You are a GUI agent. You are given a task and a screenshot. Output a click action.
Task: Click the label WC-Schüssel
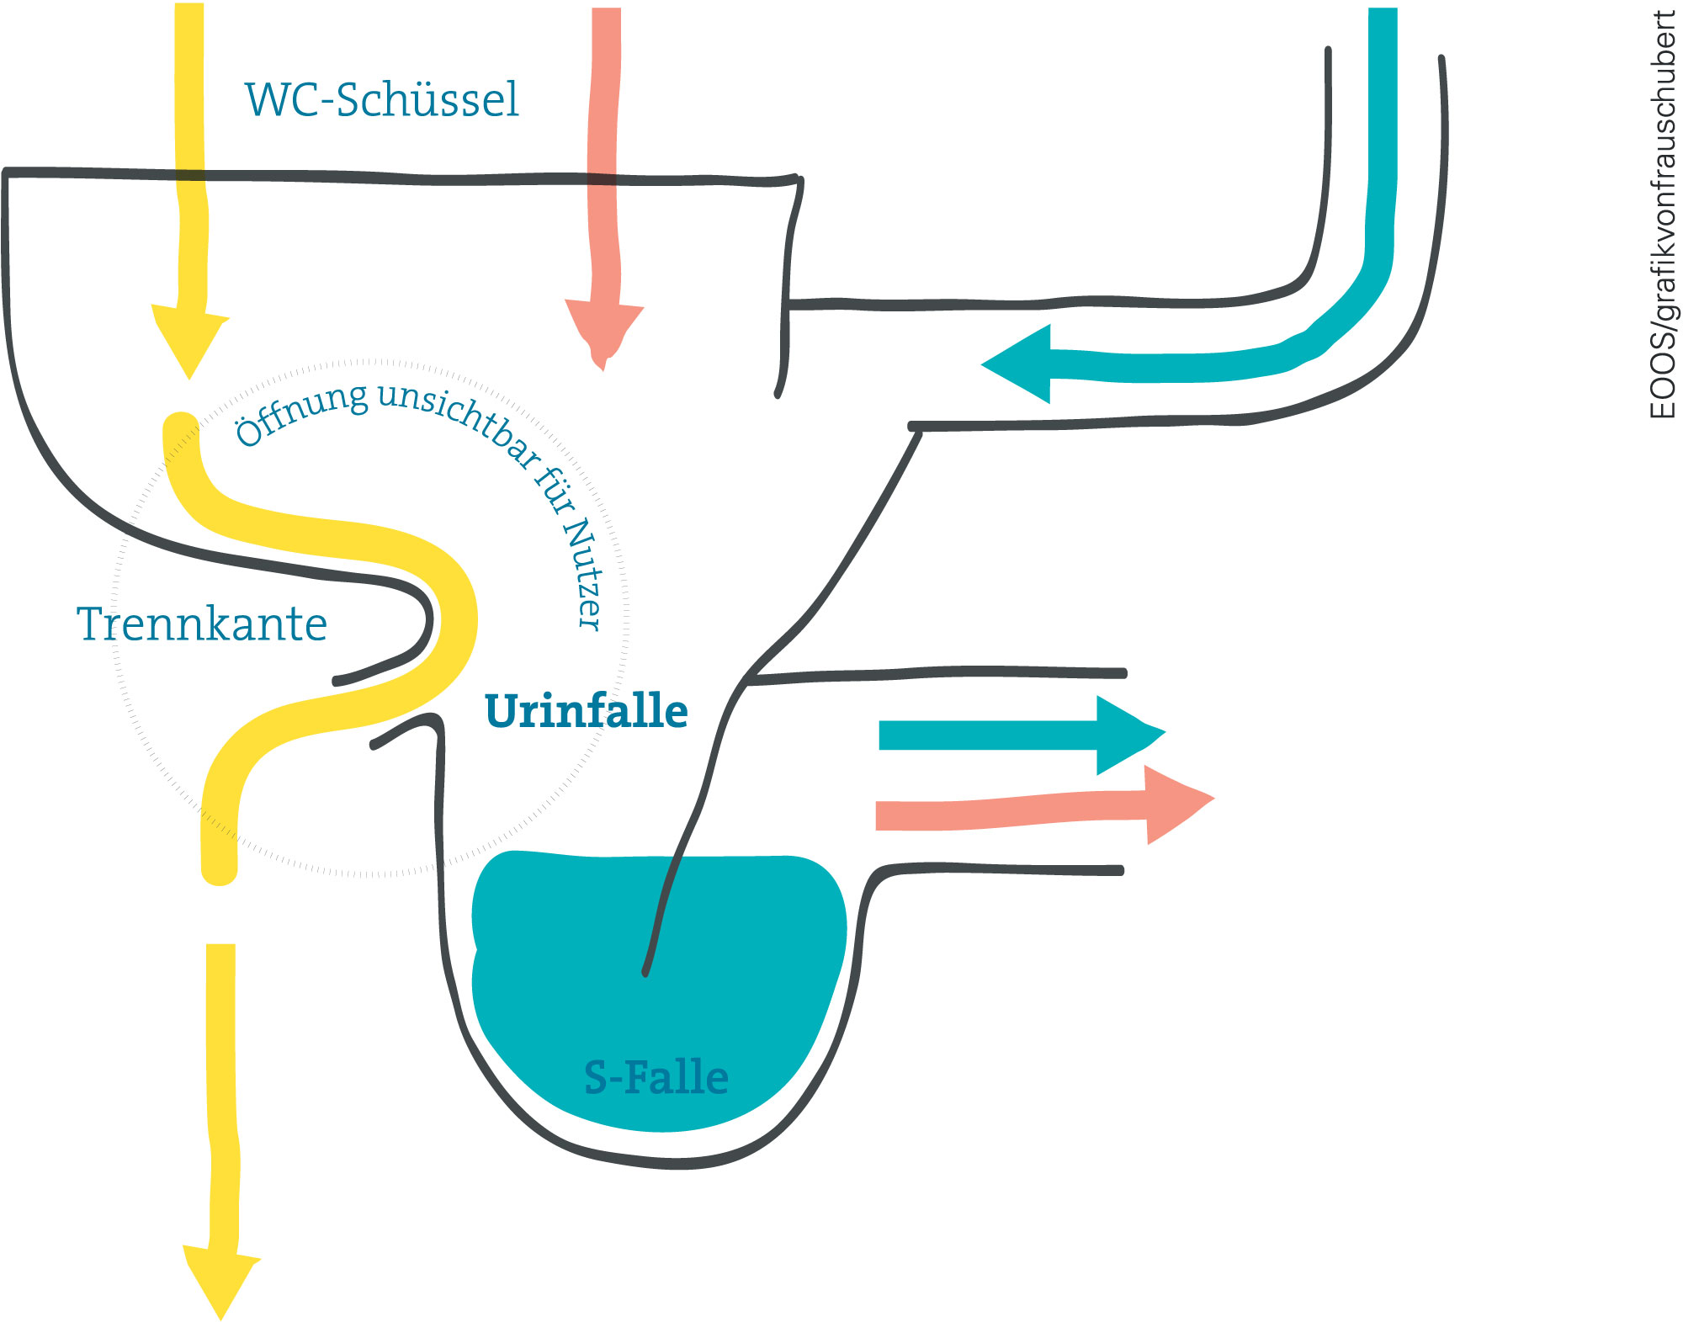click(x=381, y=99)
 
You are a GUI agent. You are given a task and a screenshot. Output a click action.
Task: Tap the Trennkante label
click(x=202, y=624)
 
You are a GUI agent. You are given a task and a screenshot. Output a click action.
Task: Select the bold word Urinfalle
click(x=587, y=711)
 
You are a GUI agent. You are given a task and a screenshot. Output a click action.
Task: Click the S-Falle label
click(x=656, y=1078)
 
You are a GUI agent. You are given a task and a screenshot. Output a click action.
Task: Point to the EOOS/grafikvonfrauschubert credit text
click(x=1663, y=215)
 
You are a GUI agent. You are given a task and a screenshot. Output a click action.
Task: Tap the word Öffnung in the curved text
click(x=300, y=411)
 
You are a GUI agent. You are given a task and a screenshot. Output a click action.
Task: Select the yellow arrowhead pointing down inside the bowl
click(x=189, y=340)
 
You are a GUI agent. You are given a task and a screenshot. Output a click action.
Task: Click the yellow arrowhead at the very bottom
click(x=221, y=1281)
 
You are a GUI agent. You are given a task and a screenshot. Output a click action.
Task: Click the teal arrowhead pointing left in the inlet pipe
click(x=1017, y=364)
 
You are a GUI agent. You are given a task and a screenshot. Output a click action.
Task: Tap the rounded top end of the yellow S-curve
click(x=180, y=427)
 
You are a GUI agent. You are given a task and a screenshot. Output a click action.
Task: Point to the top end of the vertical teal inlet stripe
click(x=1383, y=10)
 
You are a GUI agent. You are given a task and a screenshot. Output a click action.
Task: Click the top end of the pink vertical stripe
click(x=607, y=10)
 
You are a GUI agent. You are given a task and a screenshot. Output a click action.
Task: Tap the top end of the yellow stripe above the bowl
click(x=189, y=5)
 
